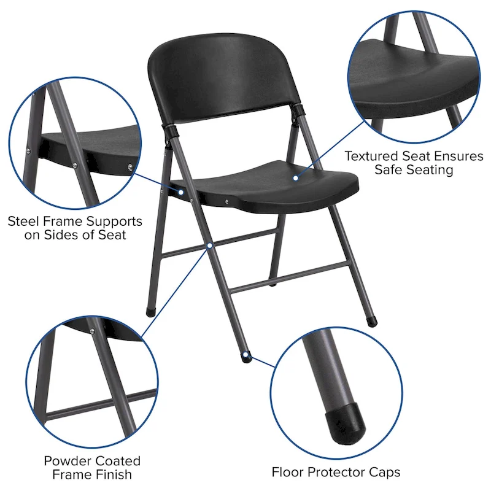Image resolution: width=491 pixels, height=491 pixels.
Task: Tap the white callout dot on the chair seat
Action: (x=295, y=178)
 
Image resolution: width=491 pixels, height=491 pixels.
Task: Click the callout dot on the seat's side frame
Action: (x=182, y=192)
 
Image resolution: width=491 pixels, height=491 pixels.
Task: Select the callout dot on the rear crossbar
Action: (x=210, y=245)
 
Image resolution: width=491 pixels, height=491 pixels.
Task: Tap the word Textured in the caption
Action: (x=373, y=156)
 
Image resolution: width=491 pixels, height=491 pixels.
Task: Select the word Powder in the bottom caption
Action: (x=64, y=460)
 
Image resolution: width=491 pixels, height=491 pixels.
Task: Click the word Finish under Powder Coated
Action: (x=112, y=474)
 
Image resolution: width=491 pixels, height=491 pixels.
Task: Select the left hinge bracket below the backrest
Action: (x=170, y=131)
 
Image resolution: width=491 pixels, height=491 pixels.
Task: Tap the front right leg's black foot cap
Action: (x=371, y=320)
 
